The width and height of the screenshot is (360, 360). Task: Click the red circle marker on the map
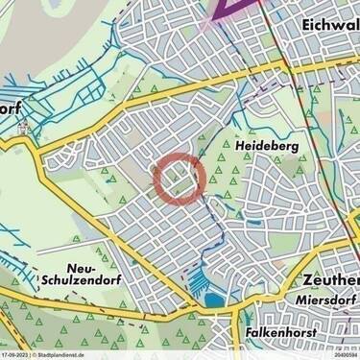pos(180,180)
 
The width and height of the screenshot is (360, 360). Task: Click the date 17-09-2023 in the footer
pos(17,355)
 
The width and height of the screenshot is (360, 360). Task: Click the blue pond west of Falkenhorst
pos(212,300)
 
